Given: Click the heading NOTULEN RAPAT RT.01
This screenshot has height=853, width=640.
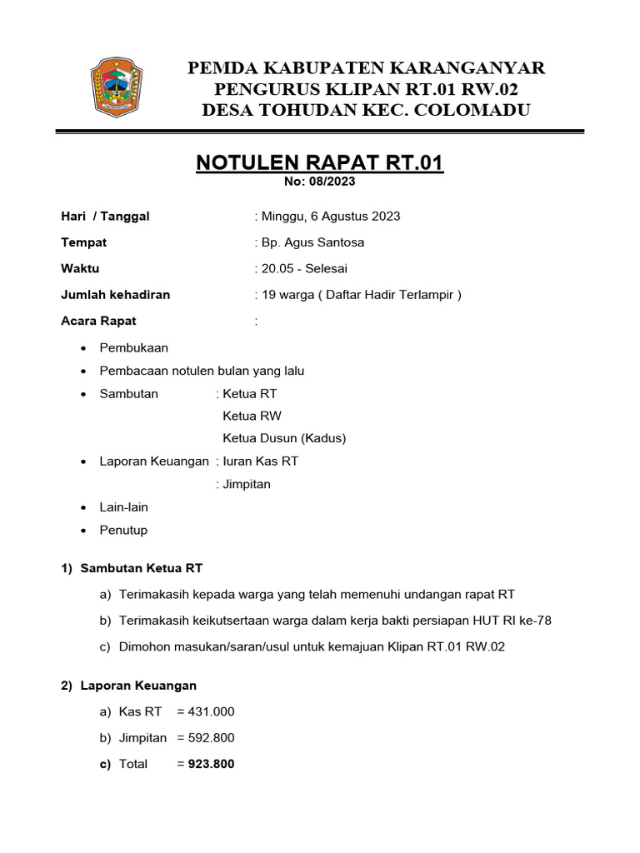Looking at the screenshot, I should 320,162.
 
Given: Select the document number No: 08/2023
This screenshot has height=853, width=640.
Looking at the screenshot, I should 320,182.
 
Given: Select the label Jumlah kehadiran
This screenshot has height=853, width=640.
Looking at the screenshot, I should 116,294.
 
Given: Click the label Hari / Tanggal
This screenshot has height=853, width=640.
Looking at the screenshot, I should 106,217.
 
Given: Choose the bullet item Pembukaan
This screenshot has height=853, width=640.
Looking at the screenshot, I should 133,348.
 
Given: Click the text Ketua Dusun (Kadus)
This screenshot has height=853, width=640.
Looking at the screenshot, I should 284,438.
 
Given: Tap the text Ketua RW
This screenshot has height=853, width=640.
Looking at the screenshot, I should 247,416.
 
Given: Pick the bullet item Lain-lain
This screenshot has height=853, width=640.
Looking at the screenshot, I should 124,507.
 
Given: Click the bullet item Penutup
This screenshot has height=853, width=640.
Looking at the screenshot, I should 123,530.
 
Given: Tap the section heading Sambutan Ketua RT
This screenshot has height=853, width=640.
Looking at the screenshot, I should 142,568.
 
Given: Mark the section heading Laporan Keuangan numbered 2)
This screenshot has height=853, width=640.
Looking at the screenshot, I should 138,686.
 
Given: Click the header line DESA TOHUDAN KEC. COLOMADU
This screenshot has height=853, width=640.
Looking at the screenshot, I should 366,111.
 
